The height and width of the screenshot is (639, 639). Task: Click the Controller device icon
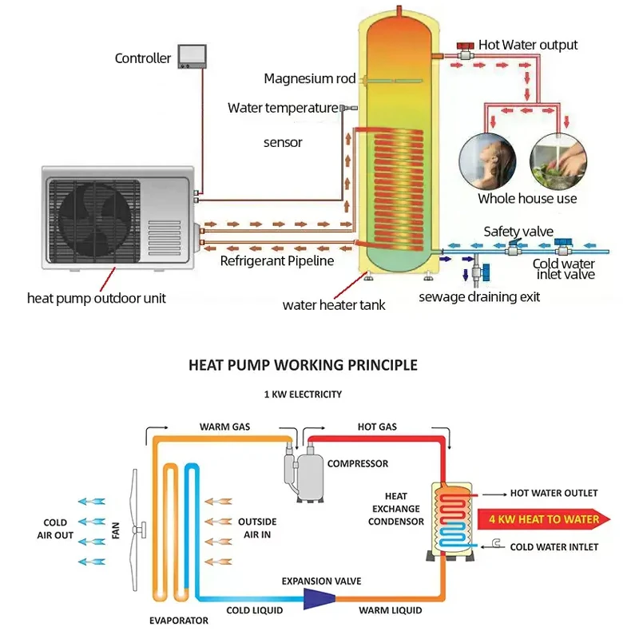coord(192,55)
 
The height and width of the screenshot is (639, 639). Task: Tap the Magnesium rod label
coord(309,79)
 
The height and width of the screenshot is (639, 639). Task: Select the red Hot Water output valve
coord(462,46)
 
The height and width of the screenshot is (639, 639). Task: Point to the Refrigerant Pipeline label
coord(277,260)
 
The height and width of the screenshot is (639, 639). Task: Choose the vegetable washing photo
coord(560,159)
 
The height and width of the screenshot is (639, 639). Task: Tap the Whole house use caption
coord(527,199)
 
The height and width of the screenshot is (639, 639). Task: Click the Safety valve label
coord(518,232)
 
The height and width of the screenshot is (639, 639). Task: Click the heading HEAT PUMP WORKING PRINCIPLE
coord(303,366)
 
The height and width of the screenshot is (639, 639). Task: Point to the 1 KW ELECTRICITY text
coord(304,395)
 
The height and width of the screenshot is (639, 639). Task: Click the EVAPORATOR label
coord(179,621)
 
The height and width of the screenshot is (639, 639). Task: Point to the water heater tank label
coord(323,305)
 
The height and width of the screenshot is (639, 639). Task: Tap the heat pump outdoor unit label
coord(97,299)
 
